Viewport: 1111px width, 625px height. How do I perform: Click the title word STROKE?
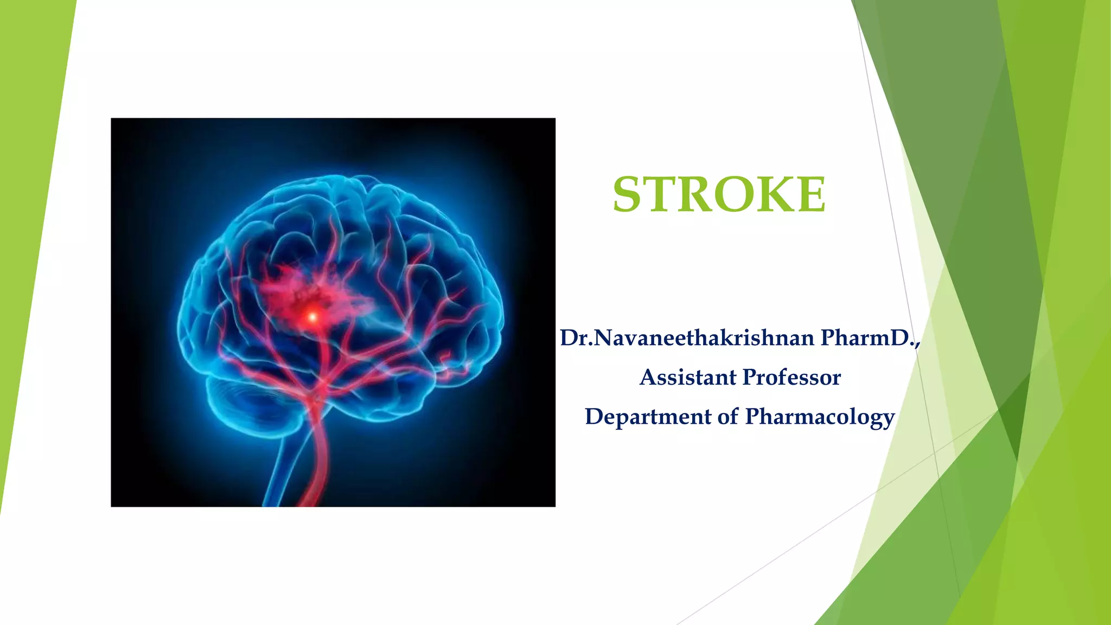(x=719, y=194)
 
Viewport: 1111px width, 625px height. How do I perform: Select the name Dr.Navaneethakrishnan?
(x=687, y=338)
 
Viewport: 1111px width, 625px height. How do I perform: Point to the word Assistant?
(x=687, y=377)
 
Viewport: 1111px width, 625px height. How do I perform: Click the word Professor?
(x=791, y=377)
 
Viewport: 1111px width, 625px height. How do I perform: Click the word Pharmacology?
(x=820, y=417)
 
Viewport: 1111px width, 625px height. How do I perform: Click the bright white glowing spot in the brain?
(x=312, y=316)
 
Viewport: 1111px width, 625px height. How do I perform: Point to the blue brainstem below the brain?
(x=282, y=467)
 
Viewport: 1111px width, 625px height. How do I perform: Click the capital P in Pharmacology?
(x=754, y=417)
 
